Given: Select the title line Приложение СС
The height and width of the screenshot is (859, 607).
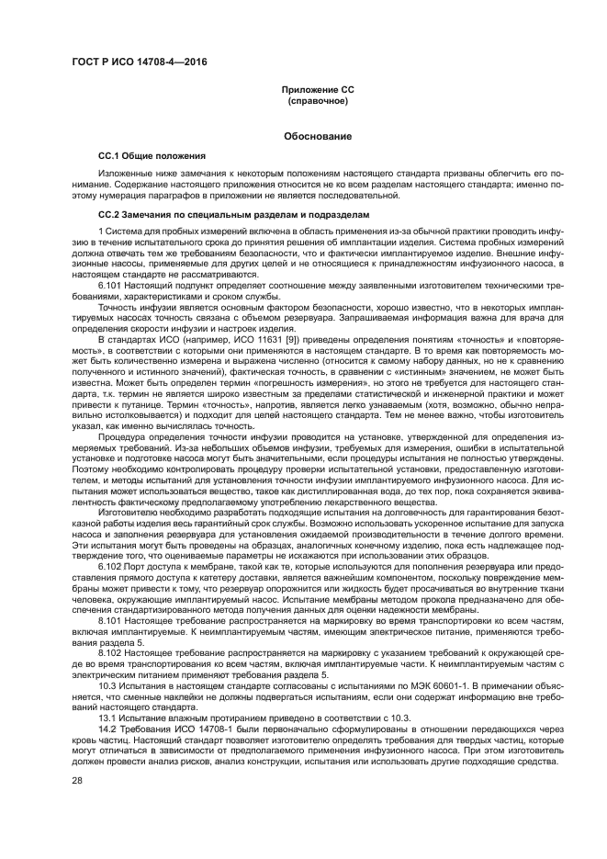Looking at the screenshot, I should (x=317, y=89).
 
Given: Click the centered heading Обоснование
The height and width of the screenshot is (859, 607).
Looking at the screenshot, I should (x=317, y=136).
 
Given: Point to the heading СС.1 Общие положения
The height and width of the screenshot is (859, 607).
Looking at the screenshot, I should (x=152, y=156).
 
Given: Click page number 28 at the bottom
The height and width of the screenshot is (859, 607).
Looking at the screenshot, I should (x=77, y=781).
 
